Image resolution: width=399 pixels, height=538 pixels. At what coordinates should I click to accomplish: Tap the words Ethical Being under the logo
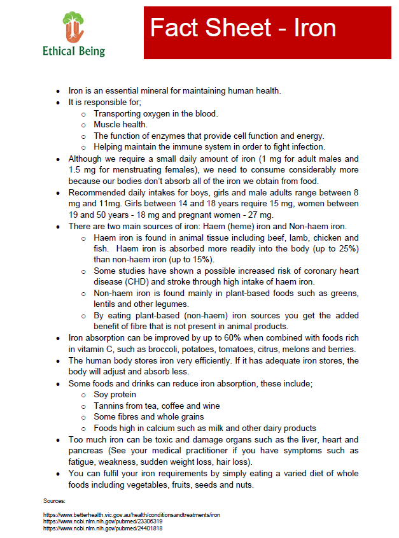(x=74, y=52)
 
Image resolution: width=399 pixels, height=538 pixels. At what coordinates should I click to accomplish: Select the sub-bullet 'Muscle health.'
(x=121, y=124)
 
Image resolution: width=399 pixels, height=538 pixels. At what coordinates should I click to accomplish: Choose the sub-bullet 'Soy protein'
(x=115, y=394)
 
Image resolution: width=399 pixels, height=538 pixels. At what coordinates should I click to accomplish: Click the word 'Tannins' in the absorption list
(x=109, y=406)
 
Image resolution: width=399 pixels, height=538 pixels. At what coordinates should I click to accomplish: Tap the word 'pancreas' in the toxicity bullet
(x=87, y=451)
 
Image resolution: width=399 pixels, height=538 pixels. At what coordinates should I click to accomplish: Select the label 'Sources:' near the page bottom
(x=54, y=502)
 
